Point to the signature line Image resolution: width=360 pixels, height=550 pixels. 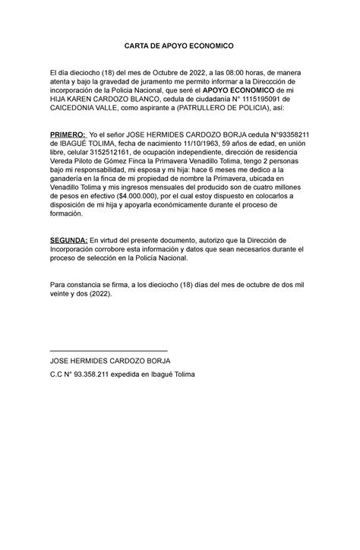[x=107, y=350]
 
